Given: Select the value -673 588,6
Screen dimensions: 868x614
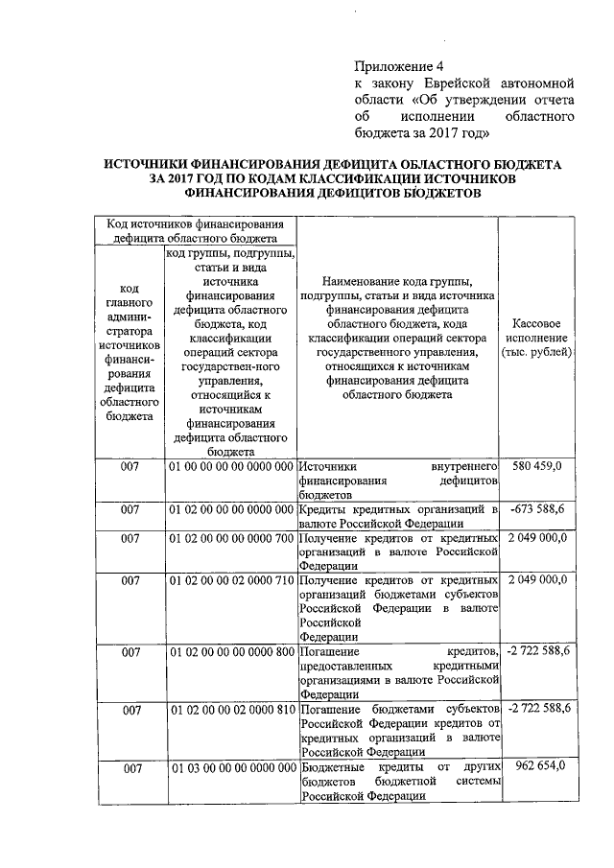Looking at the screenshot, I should coord(538,508).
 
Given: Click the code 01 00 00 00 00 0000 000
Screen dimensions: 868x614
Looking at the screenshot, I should coord(231,466).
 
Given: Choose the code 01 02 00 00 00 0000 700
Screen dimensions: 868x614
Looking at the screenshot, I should coord(231,539).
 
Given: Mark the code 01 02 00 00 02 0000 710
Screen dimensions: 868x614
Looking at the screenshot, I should coord(231,581).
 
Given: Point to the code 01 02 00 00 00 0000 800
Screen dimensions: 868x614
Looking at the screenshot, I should coord(231,652).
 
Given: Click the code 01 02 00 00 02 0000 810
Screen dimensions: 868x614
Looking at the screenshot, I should coord(231,709).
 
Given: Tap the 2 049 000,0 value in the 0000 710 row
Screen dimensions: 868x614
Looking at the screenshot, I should coord(538,581).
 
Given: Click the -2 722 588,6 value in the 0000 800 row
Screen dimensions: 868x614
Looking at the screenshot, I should coord(538,652).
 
